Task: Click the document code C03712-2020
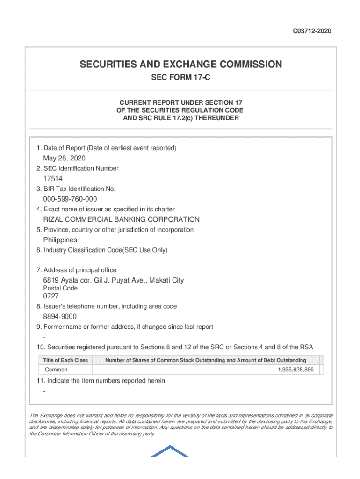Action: click(x=312, y=31)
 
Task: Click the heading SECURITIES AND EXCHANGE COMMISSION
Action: click(x=180, y=64)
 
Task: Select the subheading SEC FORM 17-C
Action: click(x=180, y=78)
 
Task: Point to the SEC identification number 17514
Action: click(x=53, y=179)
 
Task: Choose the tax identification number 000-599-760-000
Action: click(x=70, y=199)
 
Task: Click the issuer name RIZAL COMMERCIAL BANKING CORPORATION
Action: click(x=121, y=219)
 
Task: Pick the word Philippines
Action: click(x=60, y=240)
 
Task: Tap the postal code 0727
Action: click(x=51, y=296)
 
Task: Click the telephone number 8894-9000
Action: click(x=60, y=317)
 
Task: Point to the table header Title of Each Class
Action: click(x=65, y=360)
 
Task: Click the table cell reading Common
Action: click(x=56, y=370)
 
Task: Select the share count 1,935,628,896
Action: click(x=295, y=370)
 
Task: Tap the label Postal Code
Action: click(x=60, y=288)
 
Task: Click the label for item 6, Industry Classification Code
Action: click(x=102, y=250)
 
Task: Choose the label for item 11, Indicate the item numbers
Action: click(x=101, y=381)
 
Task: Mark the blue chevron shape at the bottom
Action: click(x=170, y=452)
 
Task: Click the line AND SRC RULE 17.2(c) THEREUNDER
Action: click(x=180, y=118)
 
